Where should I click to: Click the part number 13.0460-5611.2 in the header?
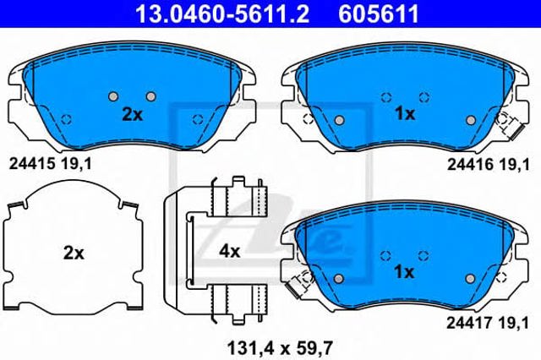pos(222,14)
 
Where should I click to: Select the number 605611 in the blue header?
pos(379,14)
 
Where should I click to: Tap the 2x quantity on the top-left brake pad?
pos(133,114)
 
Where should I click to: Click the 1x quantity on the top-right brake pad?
pos(405,114)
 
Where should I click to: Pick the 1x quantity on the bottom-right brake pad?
pos(404,272)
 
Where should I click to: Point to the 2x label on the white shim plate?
pos(74,254)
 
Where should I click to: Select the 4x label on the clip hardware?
pos(229,252)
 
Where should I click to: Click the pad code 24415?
pos(32,164)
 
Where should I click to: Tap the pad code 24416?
pos(470,165)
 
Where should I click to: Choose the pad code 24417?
pos(469,323)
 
